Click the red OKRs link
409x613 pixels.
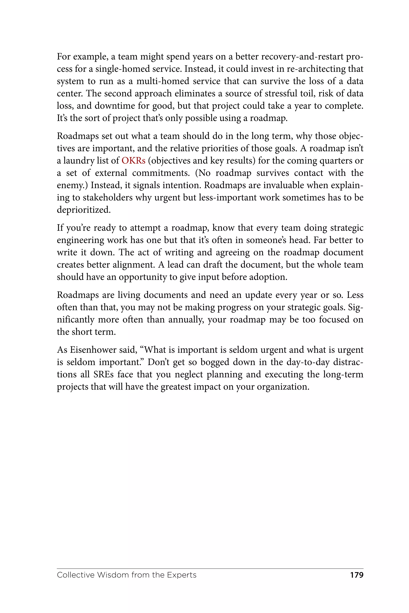pos(133,161)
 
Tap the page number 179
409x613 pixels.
pos(356,575)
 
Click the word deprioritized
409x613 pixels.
pos(83,210)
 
